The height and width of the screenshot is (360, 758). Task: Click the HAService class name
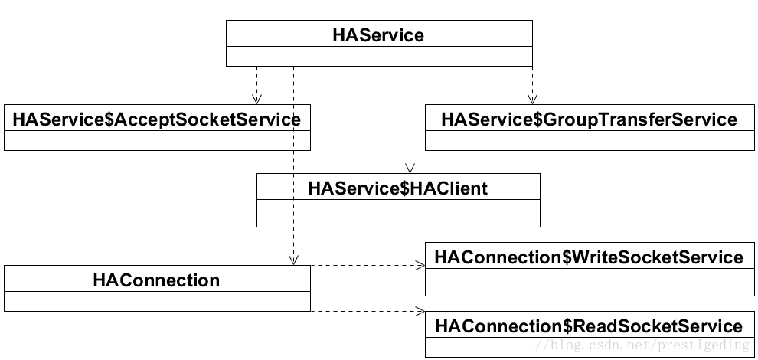(x=378, y=34)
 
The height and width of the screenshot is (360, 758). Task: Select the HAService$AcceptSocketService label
(x=157, y=119)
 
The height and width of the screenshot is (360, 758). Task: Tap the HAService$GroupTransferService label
(x=589, y=119)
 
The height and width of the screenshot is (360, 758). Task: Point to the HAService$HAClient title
(x=397, y=188)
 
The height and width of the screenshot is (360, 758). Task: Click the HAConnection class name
(x=156, y=280)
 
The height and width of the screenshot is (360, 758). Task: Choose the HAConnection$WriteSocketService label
(x=588, y=257)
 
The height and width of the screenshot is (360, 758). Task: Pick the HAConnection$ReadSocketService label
(x=588, y=326)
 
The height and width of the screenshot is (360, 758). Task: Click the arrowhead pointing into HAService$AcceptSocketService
(x=256, y=100)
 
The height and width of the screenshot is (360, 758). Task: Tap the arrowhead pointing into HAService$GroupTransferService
(x=532, y=100)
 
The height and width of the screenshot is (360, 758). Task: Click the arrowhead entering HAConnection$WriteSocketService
(x=420, y=266)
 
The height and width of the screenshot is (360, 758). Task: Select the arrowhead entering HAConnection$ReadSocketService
(x=420, y=311)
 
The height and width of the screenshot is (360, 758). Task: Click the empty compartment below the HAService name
(x=378, y=56)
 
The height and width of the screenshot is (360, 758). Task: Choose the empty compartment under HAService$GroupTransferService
(x=589, y=140)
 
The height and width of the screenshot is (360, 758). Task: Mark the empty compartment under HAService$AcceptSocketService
(x=157, y=140)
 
